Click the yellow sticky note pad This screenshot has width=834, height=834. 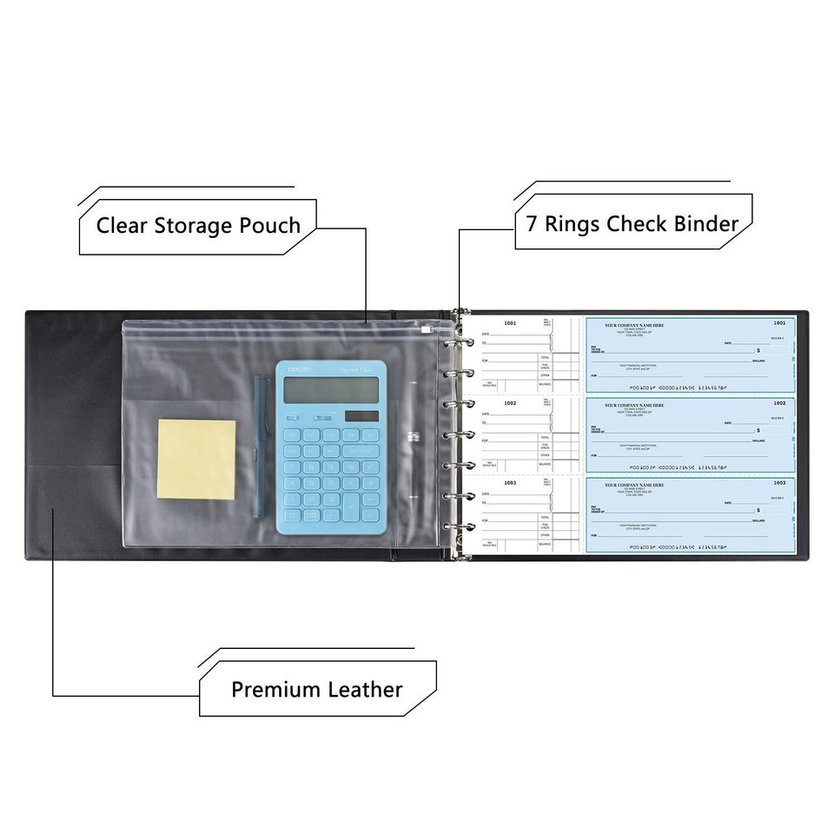(x=197, y=460)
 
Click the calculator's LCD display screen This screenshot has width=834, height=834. (x=334, y=391)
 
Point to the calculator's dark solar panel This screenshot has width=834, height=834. (x=361, y=416)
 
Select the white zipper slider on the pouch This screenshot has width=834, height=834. (x=427, y=330)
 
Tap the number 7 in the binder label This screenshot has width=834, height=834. (x=531, y=222)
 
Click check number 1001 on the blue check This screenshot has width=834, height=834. (x=779, y=323)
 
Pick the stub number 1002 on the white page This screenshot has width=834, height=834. (x=510, y=403)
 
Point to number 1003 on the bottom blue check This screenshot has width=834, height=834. (x=779, y=482)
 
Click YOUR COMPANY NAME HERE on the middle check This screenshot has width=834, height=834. (x=634, y=405)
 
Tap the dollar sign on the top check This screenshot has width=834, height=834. (x=758, y=350)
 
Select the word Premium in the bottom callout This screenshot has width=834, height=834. (x=275, y=690)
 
